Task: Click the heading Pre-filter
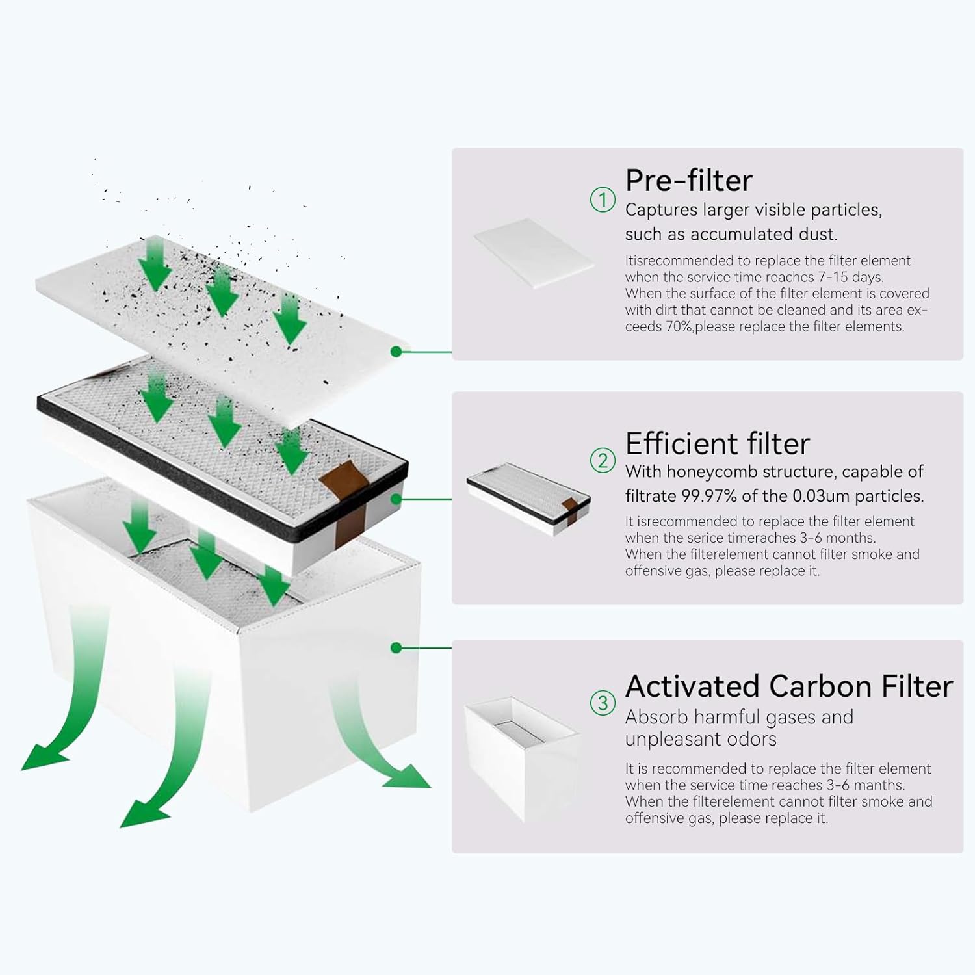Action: pyautogui.click(x=688, y=181)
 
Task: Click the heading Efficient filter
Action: pyautogui.click(x=718, y=444)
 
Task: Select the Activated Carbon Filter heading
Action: pyautogui.click(x=789, y=686)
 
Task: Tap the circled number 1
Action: pyautogui.click(x=603, y=200)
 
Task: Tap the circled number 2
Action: pyautogui.click(x=603, y=461)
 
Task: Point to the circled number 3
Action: pyautogui.click(x=603, y=703)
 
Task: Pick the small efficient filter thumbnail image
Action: pyautogui.click(x=528, y=499)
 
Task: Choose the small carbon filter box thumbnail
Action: pyautogui.click(x=522, y=758)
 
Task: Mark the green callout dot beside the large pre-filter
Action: pyautogui.click(x=396, y=352)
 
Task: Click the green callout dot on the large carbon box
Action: pyautogui.click(x=396, y=648)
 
